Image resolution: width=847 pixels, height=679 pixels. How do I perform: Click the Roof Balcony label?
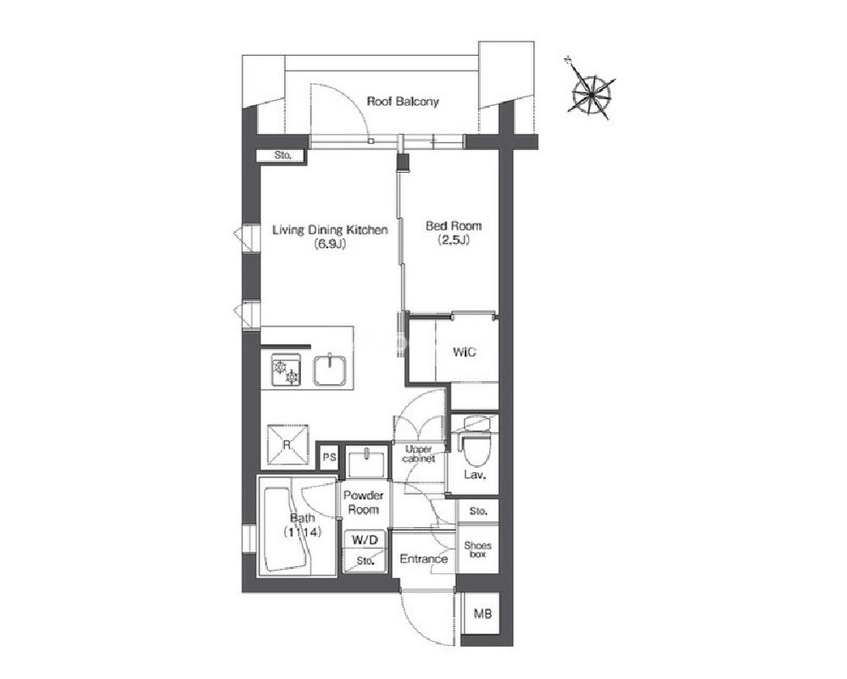pyautogui.click(x=403, y=102)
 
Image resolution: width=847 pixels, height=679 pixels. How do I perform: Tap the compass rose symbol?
pyautogui.click(x=592, y=93)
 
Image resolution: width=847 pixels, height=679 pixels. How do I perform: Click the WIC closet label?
pyautogui.click(x=465, y=352)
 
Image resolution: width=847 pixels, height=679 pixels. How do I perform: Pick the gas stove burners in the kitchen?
pyautogui.click(x=286, y=370)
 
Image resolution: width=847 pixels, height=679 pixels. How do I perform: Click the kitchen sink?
pyautogui.click(x=332, y=370)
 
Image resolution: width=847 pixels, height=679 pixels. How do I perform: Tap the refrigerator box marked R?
pyautogui.click(x=287, y=446)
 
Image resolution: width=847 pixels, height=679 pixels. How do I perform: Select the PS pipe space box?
pyautogui.click(x=330, y=458)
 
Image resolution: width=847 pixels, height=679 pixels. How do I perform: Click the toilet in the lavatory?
pyautogui.click(x=475, y=440)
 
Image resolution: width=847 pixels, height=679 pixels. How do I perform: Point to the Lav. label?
pyautogui.click(x=476, y=476)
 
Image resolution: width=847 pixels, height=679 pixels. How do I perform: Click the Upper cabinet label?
pyautogui.click(x=419, y=454)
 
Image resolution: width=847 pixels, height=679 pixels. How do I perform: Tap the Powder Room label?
pyautogui.click(x=364, y=503)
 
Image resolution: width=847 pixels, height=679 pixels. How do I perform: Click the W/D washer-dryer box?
pyautogui.click(x=365, y=540)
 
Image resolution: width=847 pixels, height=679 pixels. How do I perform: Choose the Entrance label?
pyautogui.click(x=424, y=559)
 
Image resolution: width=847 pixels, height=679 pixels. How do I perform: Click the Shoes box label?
pyautogui.click(x=477, y=549)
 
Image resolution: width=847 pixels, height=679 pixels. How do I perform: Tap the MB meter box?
pyautogui.click(x=482, y=614)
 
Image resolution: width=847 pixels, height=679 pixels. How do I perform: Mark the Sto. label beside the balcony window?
pyautogui.click(x=283, y=156)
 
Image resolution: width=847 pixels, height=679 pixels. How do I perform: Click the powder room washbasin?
pyautogui.click(x=367, y=462)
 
